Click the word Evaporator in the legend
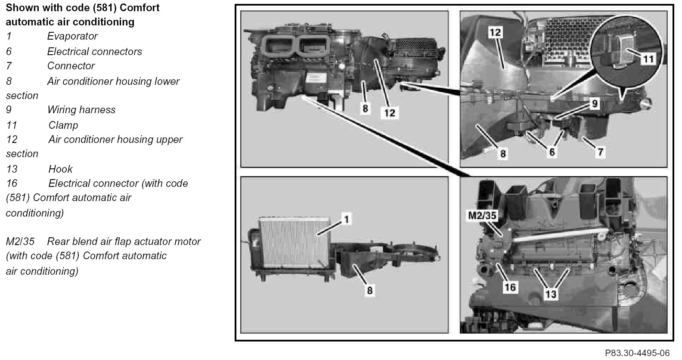tap(72, 36)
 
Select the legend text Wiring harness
tap(81, 110)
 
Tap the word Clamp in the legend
tap(63, 125)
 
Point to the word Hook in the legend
tap(60, 169)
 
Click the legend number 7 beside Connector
tap(9, 66)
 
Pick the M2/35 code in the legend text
tap(20, 242)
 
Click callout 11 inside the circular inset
tap(648, 59)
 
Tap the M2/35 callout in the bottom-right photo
tap(482, 216)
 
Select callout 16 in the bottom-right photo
tap(510, 287)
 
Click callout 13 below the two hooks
tap(551, 294)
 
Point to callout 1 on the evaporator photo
tap(346, 219)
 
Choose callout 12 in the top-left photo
tap(389, 113)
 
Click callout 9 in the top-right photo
tap(595, 104)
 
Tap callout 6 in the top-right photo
tap(552, 152)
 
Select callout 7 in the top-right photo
tap(600, 152)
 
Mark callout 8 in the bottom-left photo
tap(369, 290)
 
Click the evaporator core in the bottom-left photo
tap(294, 242)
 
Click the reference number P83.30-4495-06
tap(637, 353)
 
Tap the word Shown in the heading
tap(22, 8)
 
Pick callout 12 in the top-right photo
tap(495, 32)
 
